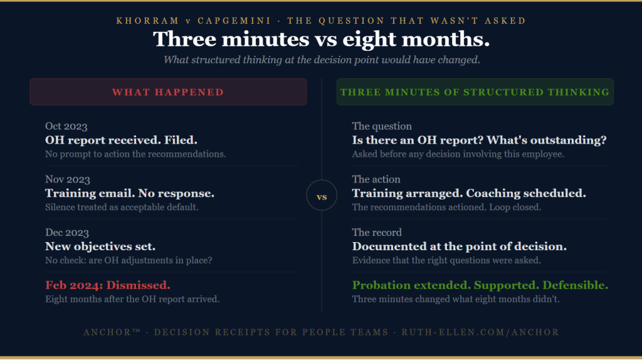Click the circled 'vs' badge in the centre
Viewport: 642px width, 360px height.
[x=322, y=197]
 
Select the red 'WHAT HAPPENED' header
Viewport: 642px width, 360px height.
[x=168, y=92]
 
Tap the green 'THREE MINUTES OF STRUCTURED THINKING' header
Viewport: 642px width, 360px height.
[x=475, y=92]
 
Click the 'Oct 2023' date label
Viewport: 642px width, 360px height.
[x=66, y=127]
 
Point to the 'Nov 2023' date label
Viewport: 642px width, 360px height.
[x=67, y=179]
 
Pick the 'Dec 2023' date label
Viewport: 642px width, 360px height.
[x=66, y=233]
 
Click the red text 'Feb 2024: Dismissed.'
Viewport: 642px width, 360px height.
[x=107, y=285]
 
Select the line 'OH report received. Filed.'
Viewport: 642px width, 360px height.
[x=121, y=140]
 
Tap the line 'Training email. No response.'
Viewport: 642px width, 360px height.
[x=130, y=193]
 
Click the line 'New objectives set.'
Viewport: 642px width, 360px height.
[x=100, y=246]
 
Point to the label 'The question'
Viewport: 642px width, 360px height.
[x=382, y=127]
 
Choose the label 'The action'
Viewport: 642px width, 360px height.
[x=376, y=179]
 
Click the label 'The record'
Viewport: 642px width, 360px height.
[x=377, y=233]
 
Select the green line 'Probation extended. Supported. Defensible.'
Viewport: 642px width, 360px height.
[x=480, y=285]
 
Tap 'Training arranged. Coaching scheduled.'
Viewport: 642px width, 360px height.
[x=469, y=193]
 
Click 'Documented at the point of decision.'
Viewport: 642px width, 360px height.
[x=460, y=246]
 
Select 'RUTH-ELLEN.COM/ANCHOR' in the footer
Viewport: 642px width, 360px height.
[x=480, y=332]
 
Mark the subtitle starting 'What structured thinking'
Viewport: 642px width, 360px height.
[x=321, y=60]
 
